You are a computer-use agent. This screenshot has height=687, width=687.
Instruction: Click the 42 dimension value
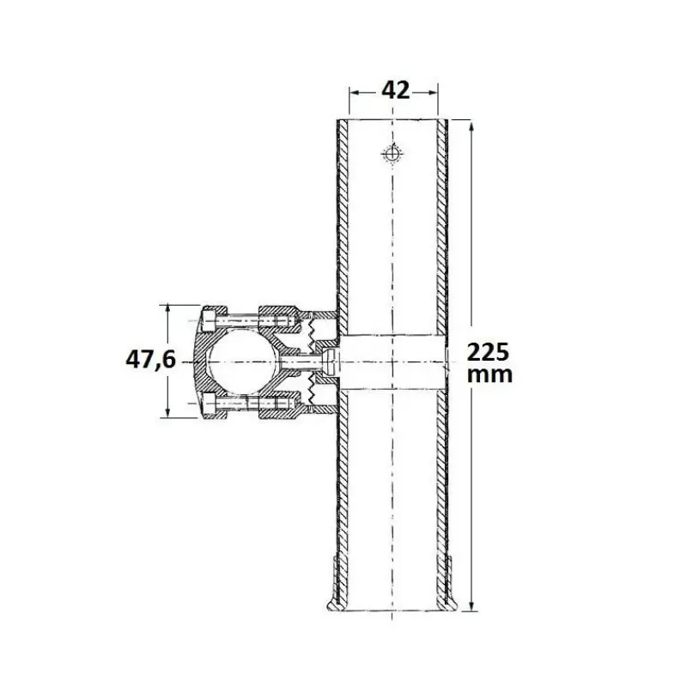pyautogui.click(x=395, y=90)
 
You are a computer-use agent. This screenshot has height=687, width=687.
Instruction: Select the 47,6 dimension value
pyautogui.click(x=150, y=360)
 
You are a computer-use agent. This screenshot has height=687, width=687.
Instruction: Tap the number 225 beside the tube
pyautogui.click(x=488, y=352)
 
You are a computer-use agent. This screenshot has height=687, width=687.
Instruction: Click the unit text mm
pyautogui.click(x=489, y=375)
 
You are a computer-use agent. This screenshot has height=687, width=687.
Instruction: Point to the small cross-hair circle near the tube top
pyautogui.click(x=392, y=154)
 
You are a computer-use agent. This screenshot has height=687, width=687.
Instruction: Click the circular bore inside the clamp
pyautogui.click(x=243, y=362)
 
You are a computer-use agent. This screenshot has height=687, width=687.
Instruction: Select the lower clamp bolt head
pyautogui.click(x=209, y=404)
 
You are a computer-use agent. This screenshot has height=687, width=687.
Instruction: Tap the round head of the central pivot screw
pyautogui.click(x=331, y=362)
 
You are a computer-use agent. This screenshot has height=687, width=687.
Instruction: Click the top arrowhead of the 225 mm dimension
pyautogui.click(x=471, y=126)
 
